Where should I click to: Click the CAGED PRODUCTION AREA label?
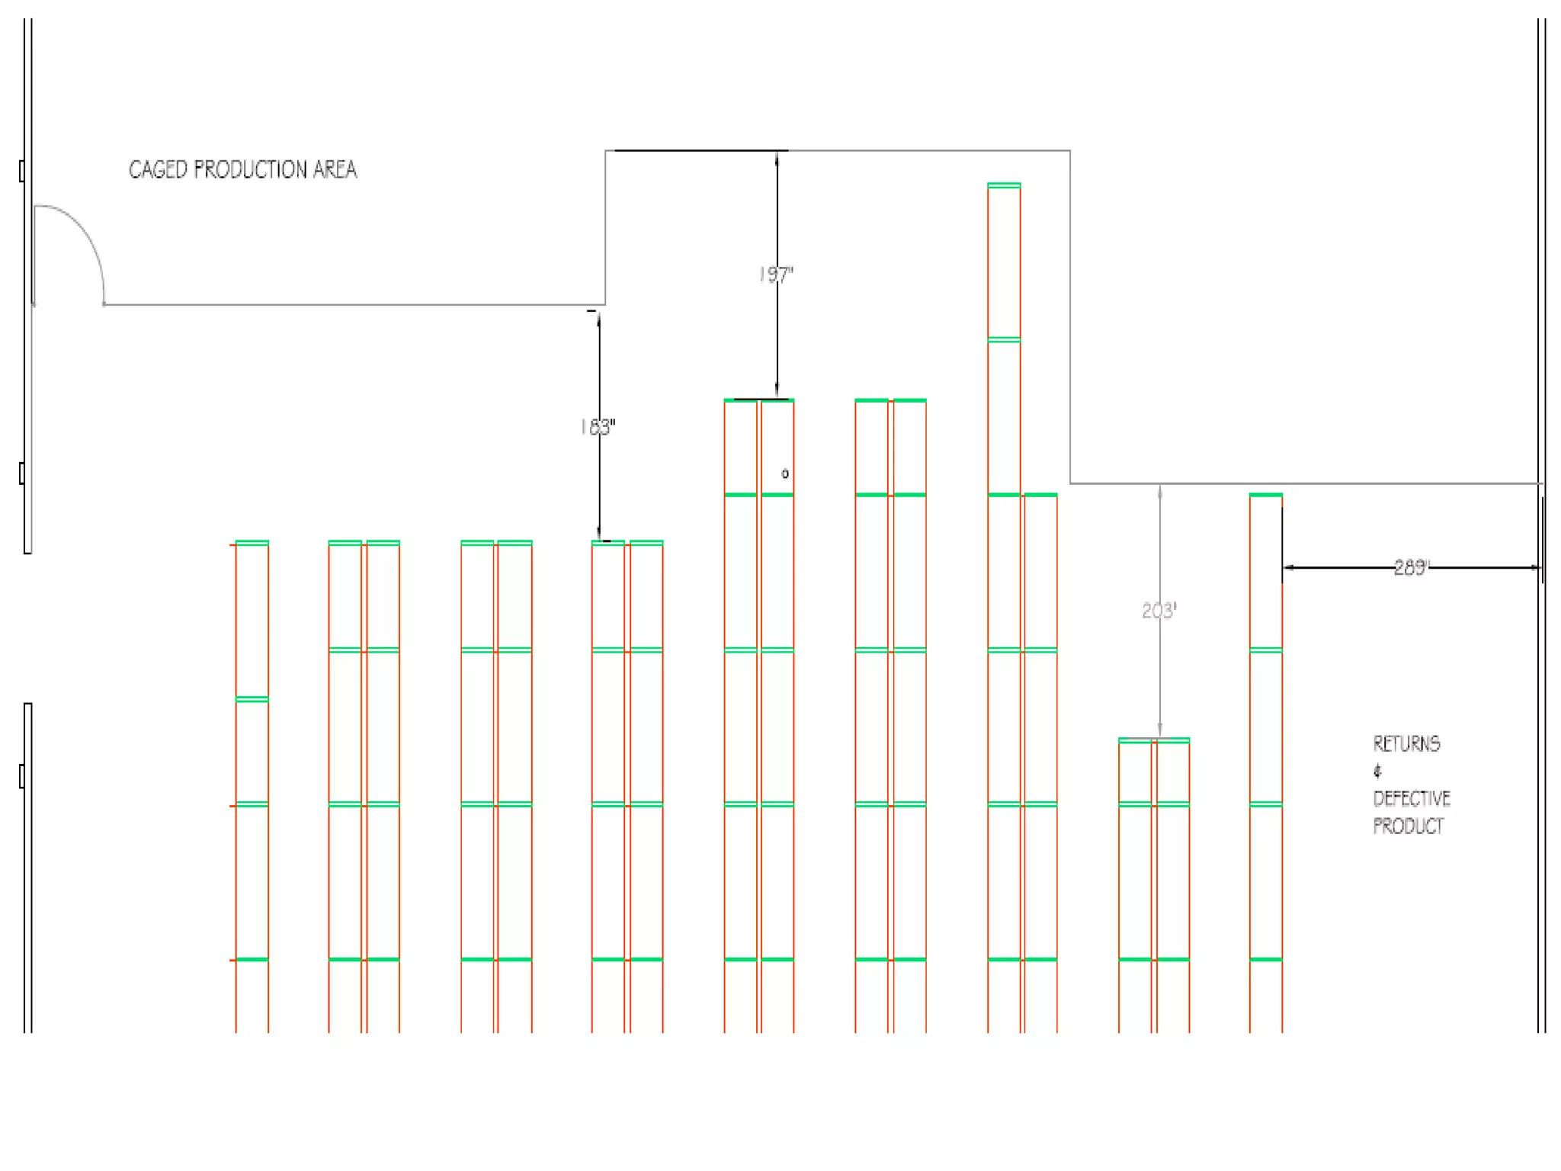[242, 169]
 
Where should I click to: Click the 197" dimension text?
[776, 274]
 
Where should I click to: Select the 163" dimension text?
[598, 427]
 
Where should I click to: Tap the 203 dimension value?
[1159, 611]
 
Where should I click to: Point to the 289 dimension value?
[1411, 567]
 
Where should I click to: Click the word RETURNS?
[1406, 744]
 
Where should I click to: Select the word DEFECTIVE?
[1412, 799]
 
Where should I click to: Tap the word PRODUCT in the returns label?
[1408, 826]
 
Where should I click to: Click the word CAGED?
[158, 169]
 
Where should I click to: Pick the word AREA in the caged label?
[335, 169]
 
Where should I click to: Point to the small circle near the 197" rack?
[785, 474]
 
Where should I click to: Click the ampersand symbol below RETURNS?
[1377, 772]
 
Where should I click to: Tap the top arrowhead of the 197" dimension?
[777, 156]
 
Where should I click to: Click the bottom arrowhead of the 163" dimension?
[599, 535]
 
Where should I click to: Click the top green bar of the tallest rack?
[1004, 185]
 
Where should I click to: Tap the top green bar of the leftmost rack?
[252, 543]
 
